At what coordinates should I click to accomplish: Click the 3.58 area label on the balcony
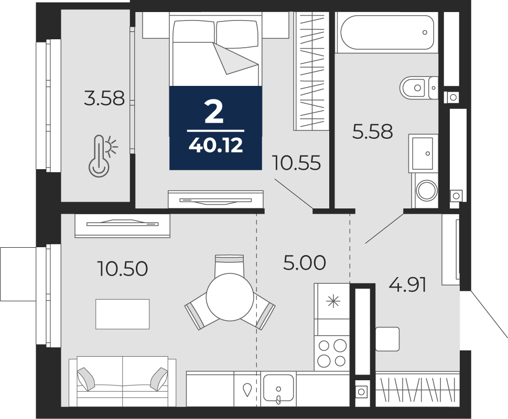104,98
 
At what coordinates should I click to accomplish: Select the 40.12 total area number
216,146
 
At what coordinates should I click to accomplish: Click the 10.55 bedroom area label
297,162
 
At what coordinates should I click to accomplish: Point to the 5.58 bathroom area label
373,131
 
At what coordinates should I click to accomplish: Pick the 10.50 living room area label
123,269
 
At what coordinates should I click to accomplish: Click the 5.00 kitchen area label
305,262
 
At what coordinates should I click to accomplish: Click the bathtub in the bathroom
386,32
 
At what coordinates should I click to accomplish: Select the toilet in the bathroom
418,87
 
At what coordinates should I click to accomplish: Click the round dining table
230,296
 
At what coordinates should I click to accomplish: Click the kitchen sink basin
278,387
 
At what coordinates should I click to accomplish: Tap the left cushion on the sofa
86,379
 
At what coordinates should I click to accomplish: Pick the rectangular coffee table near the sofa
123,314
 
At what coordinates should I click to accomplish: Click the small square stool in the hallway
387,339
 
